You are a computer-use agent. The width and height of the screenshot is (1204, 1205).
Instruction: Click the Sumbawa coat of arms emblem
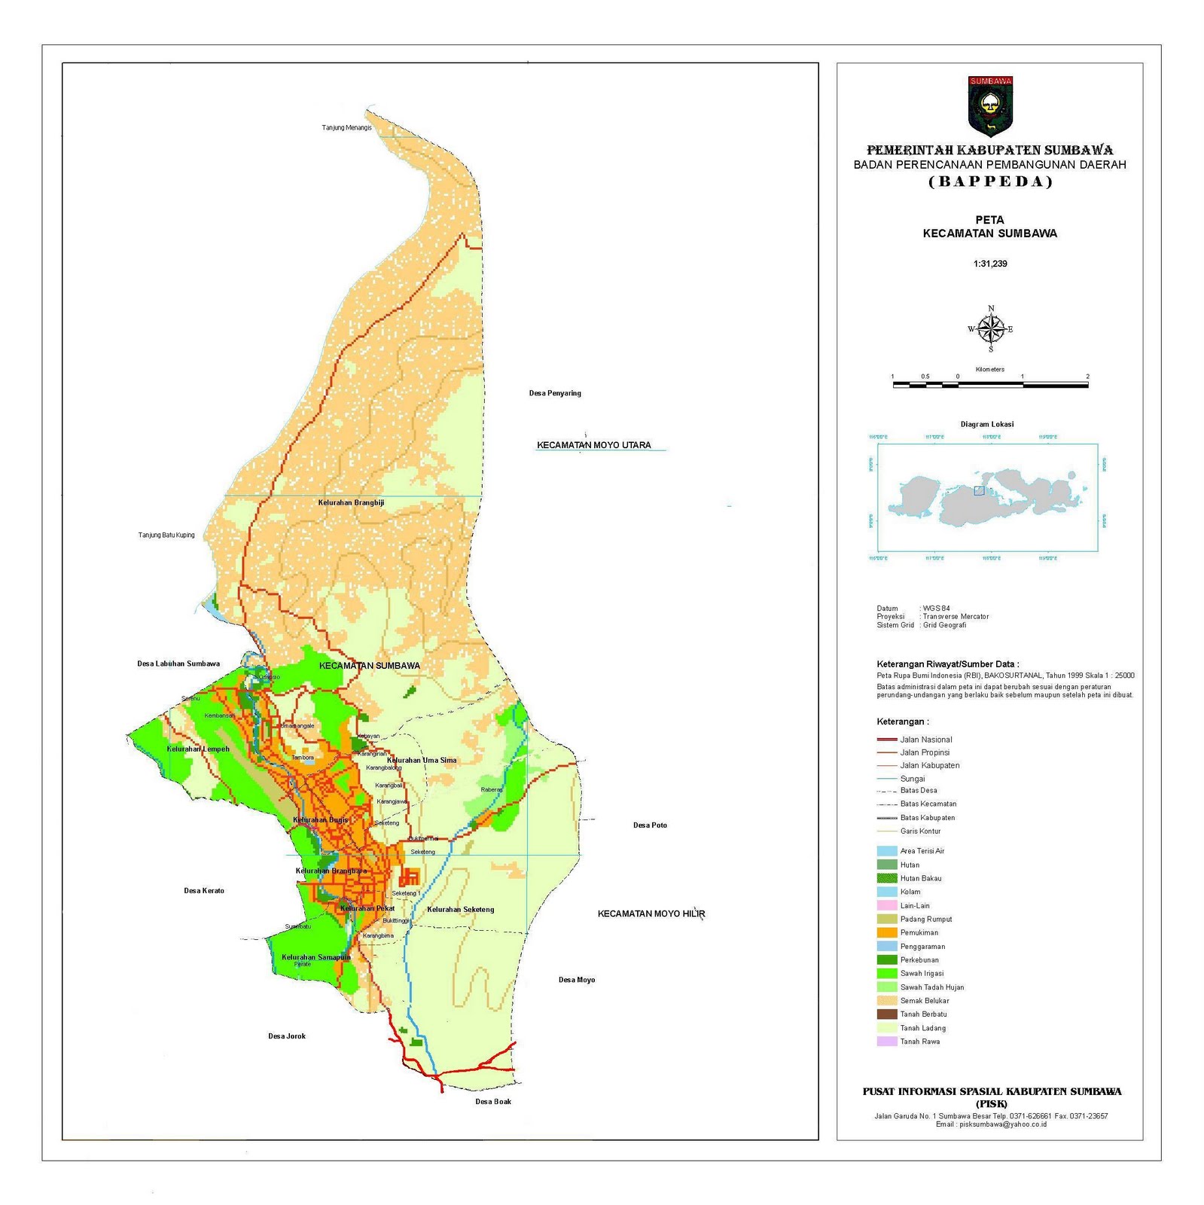[x=990, y=105]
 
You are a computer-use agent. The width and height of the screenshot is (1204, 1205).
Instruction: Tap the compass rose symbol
[x=991, y=329]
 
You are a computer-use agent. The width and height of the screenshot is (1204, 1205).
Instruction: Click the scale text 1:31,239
[x=990, y=264]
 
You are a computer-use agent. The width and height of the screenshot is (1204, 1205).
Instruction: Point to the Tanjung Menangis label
[x=346, y=127]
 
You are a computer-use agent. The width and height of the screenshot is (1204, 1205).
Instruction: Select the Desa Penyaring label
[x=555, y=393]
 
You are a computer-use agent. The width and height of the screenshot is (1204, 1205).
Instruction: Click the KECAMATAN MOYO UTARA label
[x=593, y=445]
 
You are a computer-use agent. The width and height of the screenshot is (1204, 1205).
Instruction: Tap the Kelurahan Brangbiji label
[x=351, y=502]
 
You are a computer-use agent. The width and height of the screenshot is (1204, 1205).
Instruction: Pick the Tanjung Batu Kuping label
[x=166, y=535]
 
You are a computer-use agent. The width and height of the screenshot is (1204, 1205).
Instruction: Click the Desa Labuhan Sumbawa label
[x=178, y=664]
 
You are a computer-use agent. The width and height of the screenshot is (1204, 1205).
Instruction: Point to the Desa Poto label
[x=650, y=825]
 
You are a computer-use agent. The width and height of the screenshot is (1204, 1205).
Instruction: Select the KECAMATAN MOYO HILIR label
[x=651, y=914]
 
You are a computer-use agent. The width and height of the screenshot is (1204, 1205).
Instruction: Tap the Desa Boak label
[x=493, y=1101]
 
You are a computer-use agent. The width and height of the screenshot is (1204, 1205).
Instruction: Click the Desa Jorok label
[x=287, y=1036]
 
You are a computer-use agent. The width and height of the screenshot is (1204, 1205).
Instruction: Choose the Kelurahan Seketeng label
[x=460, y=909]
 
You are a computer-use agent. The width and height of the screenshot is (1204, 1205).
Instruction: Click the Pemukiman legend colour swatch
[x=887, y=932]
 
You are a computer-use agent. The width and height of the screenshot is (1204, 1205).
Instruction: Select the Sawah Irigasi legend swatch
[x=887, y=973]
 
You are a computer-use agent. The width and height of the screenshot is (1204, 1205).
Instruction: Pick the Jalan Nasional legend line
[x=887, y=740]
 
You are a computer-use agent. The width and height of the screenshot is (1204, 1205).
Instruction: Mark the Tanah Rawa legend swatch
[x=887, y=1042]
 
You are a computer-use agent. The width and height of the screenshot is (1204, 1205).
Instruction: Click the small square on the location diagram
[x=979, y=490]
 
